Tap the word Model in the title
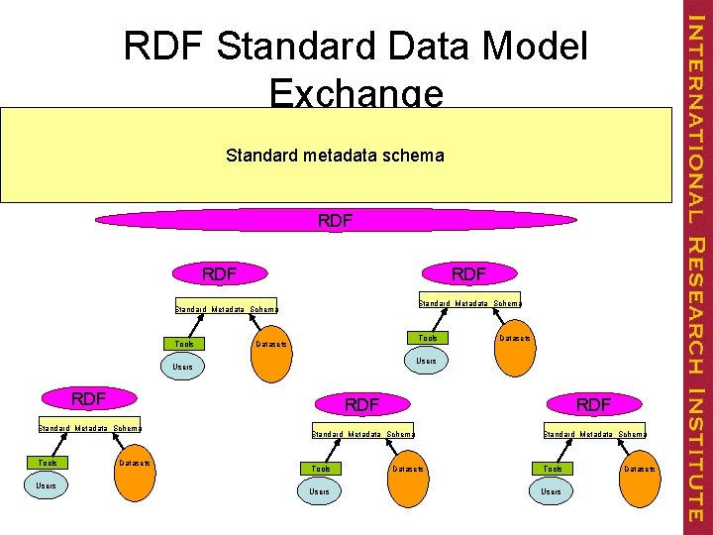tap(530, 47)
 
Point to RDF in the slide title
tap(163, 47)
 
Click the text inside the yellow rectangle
tap(335, 156)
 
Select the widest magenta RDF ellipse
tap(335, 221)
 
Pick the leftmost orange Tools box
tap(48, 462)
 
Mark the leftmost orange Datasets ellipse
tap(133, 467)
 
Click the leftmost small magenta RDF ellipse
tap(88, 399)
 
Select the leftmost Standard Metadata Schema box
tap(89, 428)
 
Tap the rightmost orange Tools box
tap(553, 468)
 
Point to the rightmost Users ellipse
tap(552, 491)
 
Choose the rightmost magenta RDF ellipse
tap(594, 403)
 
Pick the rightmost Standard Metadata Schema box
tap(594, 433)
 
